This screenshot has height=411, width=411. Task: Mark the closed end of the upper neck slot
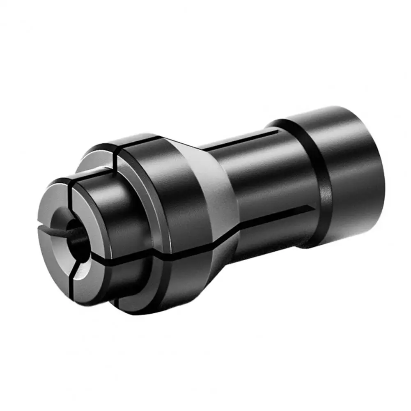click(x=276, y=132)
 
